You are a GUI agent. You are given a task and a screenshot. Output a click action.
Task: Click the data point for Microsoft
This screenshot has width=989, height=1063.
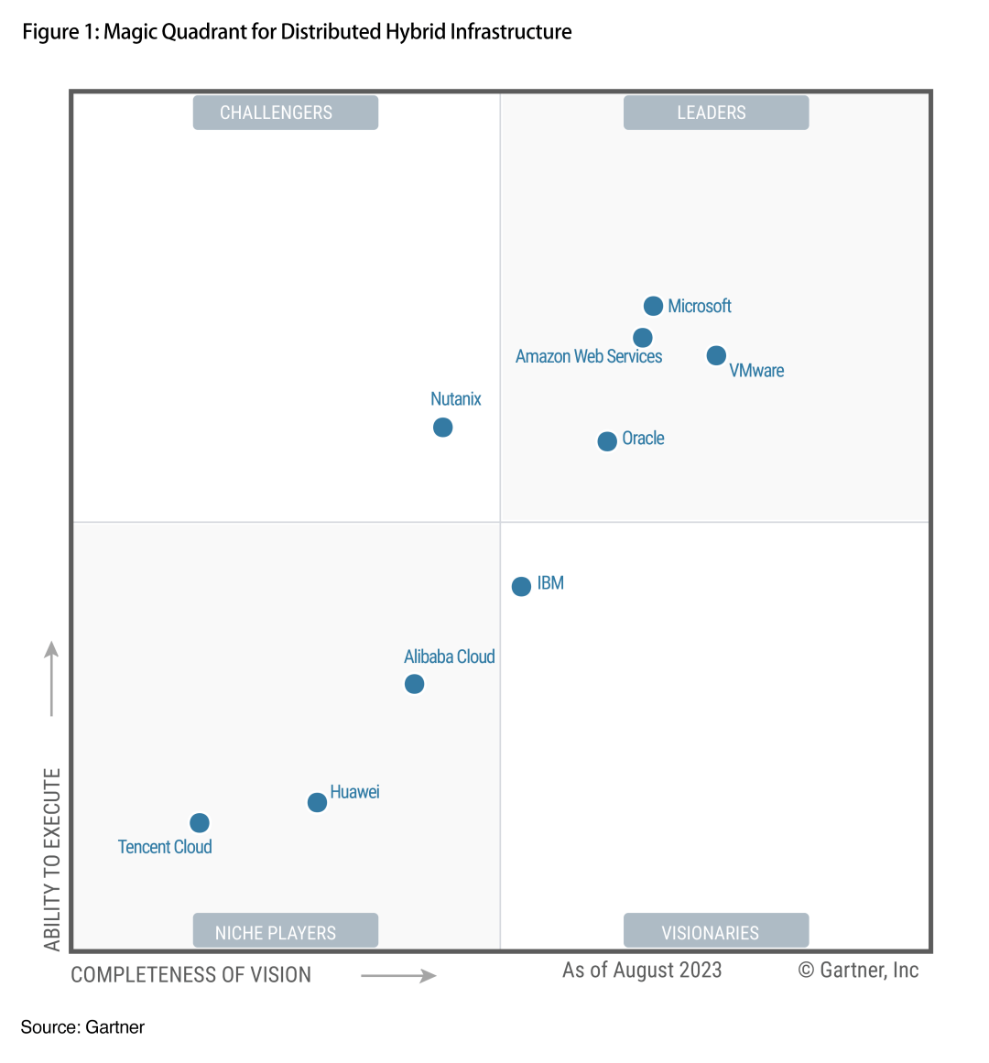coord(653,306)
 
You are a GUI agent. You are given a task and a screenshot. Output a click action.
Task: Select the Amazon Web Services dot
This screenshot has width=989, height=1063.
coord(643,338)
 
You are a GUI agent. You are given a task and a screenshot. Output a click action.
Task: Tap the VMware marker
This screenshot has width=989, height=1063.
coord(716,355)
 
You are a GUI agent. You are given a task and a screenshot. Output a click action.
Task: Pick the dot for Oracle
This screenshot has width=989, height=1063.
coord(607,441)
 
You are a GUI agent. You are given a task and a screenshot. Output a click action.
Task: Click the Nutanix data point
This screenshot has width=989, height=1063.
coord(442,428)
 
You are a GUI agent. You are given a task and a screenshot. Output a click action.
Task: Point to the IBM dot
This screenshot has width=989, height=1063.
coord(521,587)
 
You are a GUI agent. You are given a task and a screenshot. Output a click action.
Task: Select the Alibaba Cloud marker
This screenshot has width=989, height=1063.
coord(414,684)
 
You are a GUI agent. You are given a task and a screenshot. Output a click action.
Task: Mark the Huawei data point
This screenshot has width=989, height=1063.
coord(317,802)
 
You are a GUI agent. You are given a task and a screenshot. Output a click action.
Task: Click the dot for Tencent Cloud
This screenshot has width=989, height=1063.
coord(200,823)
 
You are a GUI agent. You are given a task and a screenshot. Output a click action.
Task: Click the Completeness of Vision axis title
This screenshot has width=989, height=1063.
coord(190,975)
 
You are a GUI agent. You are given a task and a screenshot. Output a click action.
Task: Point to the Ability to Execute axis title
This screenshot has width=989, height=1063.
coord(52,859)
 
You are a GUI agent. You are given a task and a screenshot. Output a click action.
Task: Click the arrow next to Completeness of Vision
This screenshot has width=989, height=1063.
coord(398,976)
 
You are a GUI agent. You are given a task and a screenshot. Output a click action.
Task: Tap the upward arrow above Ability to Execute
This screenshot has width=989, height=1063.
coord(52,678)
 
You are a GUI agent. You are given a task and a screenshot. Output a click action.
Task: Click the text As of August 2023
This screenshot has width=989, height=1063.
coord(642,971)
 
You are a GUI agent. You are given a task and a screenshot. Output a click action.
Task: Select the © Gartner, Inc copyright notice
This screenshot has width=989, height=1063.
coord(858,971)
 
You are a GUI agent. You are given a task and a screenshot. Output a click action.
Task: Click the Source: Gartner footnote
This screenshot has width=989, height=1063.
coord(82,1027)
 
